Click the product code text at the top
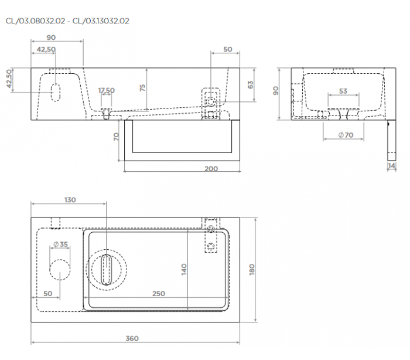(x=67, y=21)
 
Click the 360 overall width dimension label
(x=132, y=338)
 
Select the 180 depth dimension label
(x=251, y=269)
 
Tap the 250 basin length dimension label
(x=159, y=294)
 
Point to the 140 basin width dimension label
(x=184, y=269)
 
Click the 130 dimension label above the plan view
(x=70, y=200)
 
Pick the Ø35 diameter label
(x=60, y=244)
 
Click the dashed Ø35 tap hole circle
(x=60, y=270)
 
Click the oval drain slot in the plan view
(x=106, y=270)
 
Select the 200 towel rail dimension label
(x=211, y=169)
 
